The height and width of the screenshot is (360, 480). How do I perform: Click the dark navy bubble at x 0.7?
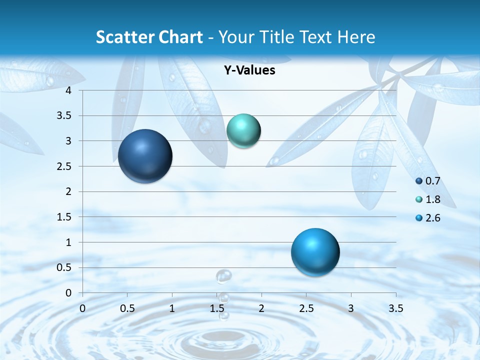145,156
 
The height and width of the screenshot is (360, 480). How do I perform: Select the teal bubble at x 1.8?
243,131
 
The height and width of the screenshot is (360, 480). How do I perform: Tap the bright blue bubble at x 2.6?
315,252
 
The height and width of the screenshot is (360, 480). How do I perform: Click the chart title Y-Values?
249,70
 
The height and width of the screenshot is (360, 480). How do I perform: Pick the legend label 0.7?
432,181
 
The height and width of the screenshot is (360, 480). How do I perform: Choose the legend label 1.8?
432,199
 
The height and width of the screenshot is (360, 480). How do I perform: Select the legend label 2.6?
432,218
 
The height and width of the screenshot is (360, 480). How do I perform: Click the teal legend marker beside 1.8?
419,199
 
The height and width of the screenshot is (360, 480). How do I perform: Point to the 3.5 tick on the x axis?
395,308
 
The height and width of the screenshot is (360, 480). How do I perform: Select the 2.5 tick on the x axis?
306,308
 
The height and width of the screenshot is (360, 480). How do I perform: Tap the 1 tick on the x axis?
172,308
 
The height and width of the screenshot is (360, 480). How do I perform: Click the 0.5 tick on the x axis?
127,308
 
